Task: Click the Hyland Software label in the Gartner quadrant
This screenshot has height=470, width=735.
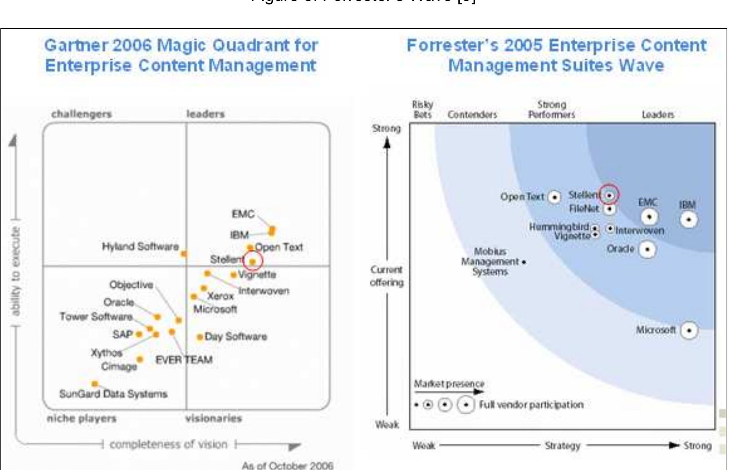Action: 140,246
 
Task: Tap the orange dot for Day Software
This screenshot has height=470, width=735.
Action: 199,337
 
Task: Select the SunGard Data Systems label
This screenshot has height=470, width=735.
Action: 113,394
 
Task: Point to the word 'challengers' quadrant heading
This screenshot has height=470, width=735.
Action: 81,114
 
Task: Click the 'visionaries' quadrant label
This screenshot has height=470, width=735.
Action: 213,419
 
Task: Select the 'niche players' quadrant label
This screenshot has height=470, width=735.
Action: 82,419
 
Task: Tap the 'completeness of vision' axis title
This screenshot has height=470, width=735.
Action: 168,444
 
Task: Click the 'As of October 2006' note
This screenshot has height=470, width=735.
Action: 287,466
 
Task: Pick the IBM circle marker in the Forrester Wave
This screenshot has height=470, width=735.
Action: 689,220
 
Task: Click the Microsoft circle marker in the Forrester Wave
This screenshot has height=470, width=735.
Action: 689,330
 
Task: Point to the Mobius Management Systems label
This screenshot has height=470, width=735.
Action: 490,262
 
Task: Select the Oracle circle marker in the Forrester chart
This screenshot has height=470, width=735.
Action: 647,249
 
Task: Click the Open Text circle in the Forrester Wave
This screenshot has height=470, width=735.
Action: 554,197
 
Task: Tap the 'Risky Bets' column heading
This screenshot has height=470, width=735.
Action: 422,110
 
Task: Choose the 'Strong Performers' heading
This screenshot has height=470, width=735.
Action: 551,110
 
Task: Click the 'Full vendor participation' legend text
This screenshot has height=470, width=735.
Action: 531,405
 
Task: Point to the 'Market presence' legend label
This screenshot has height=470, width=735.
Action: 449,384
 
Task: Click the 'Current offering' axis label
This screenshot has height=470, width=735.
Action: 386,276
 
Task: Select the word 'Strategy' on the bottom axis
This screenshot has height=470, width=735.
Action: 562,445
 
